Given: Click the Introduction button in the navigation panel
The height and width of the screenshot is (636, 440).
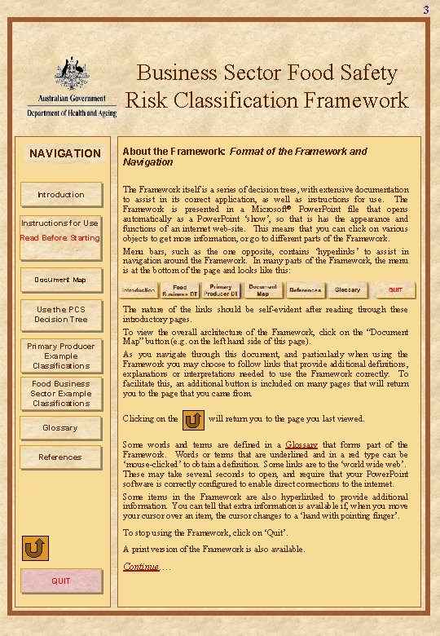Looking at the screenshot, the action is click(x=61, y=195).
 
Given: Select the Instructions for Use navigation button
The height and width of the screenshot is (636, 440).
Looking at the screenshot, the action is click(x=61, y=223).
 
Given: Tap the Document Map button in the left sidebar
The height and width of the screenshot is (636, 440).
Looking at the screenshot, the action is click(x=61, y=280).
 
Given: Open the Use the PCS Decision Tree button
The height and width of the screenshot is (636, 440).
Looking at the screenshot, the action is click(x=61, y=314).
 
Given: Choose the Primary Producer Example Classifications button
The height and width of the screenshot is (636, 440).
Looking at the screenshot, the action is click(x=61, y=356).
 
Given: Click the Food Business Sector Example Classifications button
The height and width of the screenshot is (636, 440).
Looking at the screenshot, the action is click(x=61, y=393).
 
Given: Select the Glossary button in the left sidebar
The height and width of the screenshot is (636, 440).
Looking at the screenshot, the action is click(x=61, y=427).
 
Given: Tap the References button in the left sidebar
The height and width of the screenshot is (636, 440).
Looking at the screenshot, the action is click(x=61, y=457).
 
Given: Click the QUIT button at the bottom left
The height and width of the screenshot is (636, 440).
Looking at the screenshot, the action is click(x=61, y=581).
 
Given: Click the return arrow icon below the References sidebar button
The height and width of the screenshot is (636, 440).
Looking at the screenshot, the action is click(x=33, y=549).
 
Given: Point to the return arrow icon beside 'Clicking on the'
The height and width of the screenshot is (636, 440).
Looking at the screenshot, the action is click(x=195, y=421).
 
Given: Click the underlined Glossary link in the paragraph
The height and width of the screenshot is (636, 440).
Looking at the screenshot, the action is click(x=301, y=444).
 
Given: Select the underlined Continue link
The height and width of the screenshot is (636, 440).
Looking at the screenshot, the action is click(x=142, y=567).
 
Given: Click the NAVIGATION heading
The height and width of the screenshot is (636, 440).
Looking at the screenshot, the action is click(x=65, y=153).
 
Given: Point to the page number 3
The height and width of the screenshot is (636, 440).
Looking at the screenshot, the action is click(x=425, y=10).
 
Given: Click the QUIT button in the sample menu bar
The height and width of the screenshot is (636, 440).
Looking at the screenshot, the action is click(x=395, y=290).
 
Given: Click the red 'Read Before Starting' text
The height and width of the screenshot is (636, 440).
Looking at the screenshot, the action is click(x=60, y=238).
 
